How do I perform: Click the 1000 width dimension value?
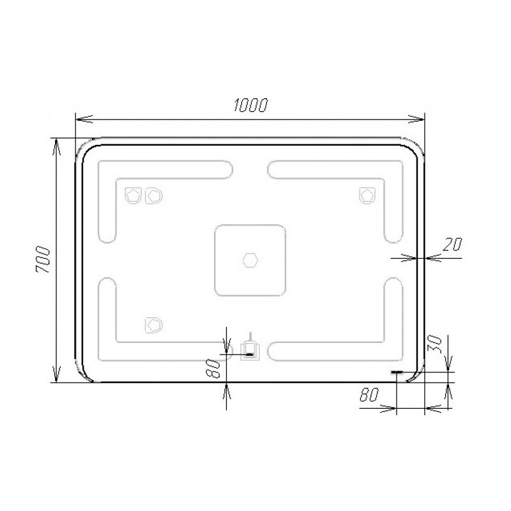[x=250, y=105]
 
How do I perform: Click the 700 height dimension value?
[x=43, y=260]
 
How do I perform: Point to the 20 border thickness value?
[x=452, y=245]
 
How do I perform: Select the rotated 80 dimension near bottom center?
[x=213, y=369]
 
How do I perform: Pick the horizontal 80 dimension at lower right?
[x=369, y=395]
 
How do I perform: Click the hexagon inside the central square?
[x=250, y=260]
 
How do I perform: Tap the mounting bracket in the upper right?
[x=367, y=195]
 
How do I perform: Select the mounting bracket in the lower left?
[x=153, y=325]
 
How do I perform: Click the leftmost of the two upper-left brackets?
[x=133, y=195]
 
